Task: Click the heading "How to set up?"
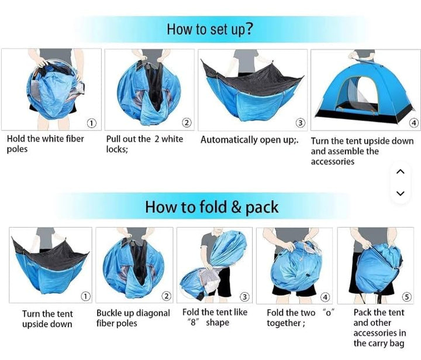click(210, 29)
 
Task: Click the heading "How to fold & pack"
click(212, 207)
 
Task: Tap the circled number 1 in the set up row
click(92, 123)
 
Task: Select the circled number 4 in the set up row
click(414, 123)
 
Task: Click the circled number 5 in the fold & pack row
click(406, 297)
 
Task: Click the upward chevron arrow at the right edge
click(400, 172)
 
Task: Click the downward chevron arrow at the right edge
click(400, 193)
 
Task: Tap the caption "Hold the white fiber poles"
click(45, 144)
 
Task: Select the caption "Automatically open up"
click(249, 140)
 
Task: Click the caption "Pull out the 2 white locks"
click(144, 144)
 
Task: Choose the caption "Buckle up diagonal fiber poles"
click(133, 318)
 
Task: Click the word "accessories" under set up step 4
click(333, 162)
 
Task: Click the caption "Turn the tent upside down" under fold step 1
click(47, 319)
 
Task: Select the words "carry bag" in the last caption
click(379, 344)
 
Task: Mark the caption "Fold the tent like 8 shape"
click(215, 317)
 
